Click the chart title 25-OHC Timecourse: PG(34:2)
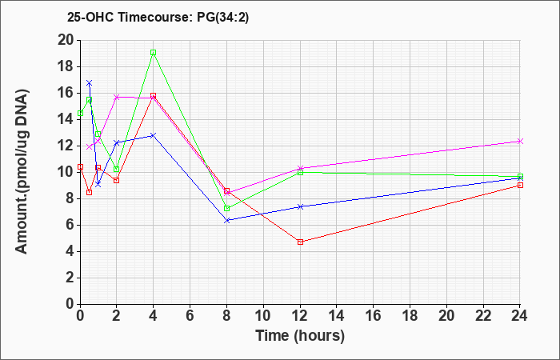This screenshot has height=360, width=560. click(x=158, y=17)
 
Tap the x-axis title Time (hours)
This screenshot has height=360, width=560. click(x=300, y=336)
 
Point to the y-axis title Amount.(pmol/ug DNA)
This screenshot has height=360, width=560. click(x=22, y=171)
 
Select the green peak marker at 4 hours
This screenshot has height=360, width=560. click(x=154, y=53)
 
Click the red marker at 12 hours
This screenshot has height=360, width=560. click(x=300, y=242)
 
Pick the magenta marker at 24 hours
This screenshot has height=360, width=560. click(x=520, y=141)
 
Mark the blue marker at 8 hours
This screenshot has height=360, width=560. click(x=226, y=220)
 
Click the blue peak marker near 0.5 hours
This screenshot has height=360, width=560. click(x=90, y=83)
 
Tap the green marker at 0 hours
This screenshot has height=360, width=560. click(x=80, y=114)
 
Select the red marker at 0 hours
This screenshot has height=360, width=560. click(x=80, y=166)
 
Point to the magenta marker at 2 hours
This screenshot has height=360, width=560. click(x=117, y=97)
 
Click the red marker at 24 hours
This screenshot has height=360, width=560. click(x=520, y=185)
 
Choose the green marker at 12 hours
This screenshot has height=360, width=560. click(x=300, y=172)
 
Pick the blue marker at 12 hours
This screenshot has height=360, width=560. click(x=300, y=206)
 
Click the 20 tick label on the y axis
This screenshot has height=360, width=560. click(x=66, y=40)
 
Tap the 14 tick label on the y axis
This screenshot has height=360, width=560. click(x=66, y=120)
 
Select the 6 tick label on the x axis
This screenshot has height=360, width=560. click(x=190, y=316)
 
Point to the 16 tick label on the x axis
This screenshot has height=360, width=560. click(x=374, y=316)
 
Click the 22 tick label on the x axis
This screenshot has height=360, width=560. click(x=483, y=316)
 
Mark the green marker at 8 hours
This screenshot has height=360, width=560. click(x=226, y=208)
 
